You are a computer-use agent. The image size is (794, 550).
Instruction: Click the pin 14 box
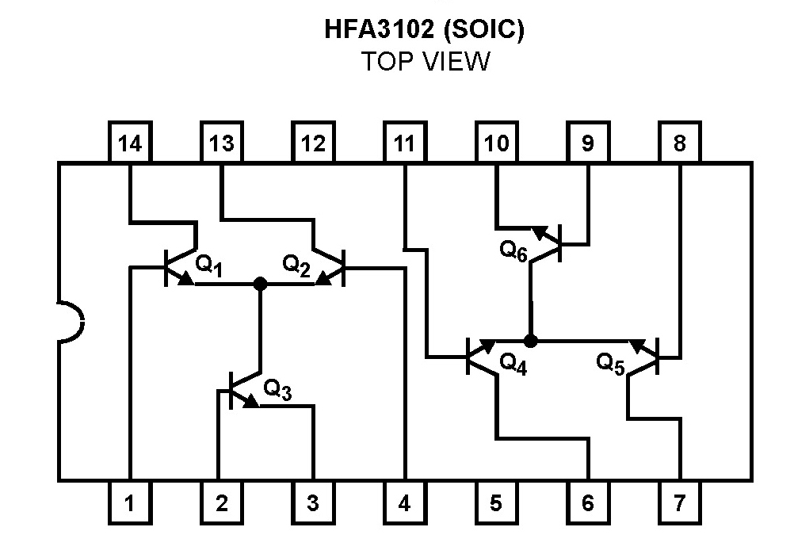click(130, 143)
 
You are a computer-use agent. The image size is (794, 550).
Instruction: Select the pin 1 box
click(130, 502)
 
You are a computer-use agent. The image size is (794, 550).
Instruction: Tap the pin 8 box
click(679, 143)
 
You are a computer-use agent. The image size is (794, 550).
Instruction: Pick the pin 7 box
click(679, 502)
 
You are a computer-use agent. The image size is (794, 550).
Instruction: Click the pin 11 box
click(404, 143)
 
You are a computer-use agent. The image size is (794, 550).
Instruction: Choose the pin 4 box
click(404, 502)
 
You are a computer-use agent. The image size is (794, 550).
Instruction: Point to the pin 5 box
click(496, 502)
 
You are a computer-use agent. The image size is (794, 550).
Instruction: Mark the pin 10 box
click(496, 143)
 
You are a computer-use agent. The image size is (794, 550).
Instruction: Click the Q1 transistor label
click(209, 265)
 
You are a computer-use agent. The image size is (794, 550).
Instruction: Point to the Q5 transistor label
click(611, 364)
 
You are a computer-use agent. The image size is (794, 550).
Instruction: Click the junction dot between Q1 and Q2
click(259, 284)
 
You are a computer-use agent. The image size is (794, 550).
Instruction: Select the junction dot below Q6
click(531, 341)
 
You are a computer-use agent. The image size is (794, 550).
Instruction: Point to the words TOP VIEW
click(426, 62)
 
